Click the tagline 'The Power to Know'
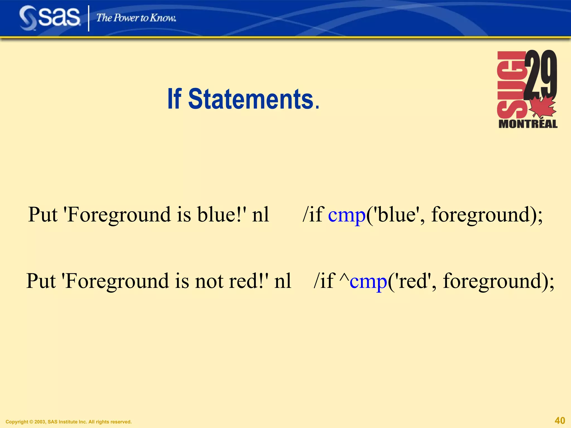(136, 18)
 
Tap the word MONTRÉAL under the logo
(528, 124)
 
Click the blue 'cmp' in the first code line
(347, 215)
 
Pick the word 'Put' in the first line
(43, 215)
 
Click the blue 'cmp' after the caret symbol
(368, 281)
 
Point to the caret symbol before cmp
(344, 279)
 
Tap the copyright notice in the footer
(69, 422)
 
